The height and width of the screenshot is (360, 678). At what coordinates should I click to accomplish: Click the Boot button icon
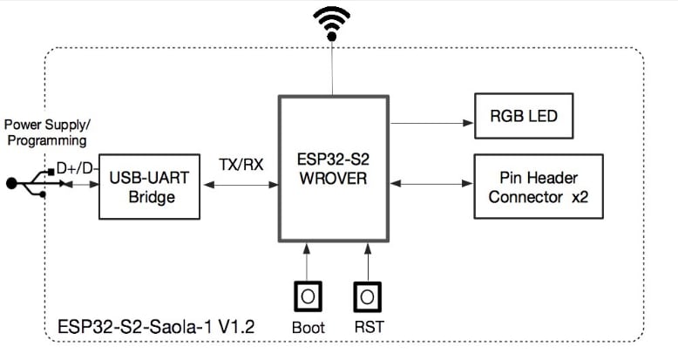tap(307, 297)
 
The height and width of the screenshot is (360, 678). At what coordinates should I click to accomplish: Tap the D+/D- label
tap(77, 166)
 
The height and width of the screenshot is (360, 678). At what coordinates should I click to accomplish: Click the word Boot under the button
tap(308, 327)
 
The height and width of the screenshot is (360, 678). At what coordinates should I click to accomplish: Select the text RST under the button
tap(369, 327)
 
